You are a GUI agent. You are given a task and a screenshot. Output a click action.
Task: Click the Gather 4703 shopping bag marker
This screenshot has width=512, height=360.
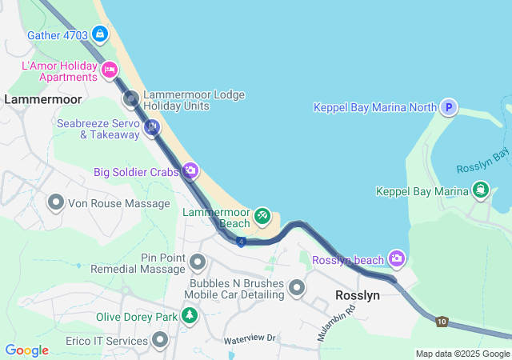click(x=100, y=34)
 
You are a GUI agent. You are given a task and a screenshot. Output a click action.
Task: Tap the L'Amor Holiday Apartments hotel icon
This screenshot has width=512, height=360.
click(x=110, y=70)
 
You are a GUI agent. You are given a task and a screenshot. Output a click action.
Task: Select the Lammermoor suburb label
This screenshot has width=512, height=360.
click(x=43, y=99)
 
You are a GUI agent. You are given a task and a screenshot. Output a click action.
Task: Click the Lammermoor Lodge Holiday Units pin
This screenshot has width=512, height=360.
click(x=130, y=99)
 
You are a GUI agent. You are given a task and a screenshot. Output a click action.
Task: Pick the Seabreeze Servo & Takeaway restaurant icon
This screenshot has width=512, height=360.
click(x=152, y=127)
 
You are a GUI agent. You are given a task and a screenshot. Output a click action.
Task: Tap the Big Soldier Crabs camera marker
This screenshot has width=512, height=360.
click(x=190, y=170)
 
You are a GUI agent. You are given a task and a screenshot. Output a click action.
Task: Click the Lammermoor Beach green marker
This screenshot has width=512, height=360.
click(x=262, y=216)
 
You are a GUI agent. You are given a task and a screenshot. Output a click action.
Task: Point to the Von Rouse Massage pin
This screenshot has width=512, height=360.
click(x=56, y=202)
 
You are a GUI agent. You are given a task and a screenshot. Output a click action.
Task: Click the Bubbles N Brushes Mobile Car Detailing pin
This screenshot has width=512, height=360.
click(x=297, y=287)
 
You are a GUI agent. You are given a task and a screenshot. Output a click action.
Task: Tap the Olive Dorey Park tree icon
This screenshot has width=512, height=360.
click(x=189, y=316)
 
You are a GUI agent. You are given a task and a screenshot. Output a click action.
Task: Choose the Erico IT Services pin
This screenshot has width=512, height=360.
click(x=161, y=341)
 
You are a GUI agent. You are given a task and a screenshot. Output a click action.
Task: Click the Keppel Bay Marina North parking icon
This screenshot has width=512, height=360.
click(x=449, y=107)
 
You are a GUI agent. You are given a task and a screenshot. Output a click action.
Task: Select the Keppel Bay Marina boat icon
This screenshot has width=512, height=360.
click(x=481, y=190)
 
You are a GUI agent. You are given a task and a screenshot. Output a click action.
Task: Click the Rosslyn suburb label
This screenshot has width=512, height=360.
click(x=358, y=295)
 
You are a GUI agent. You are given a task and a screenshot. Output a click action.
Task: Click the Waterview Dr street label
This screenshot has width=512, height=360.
click(x=250, y=338)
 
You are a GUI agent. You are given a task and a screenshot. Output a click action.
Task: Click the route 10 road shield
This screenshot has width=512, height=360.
click(x=442, y=322)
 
